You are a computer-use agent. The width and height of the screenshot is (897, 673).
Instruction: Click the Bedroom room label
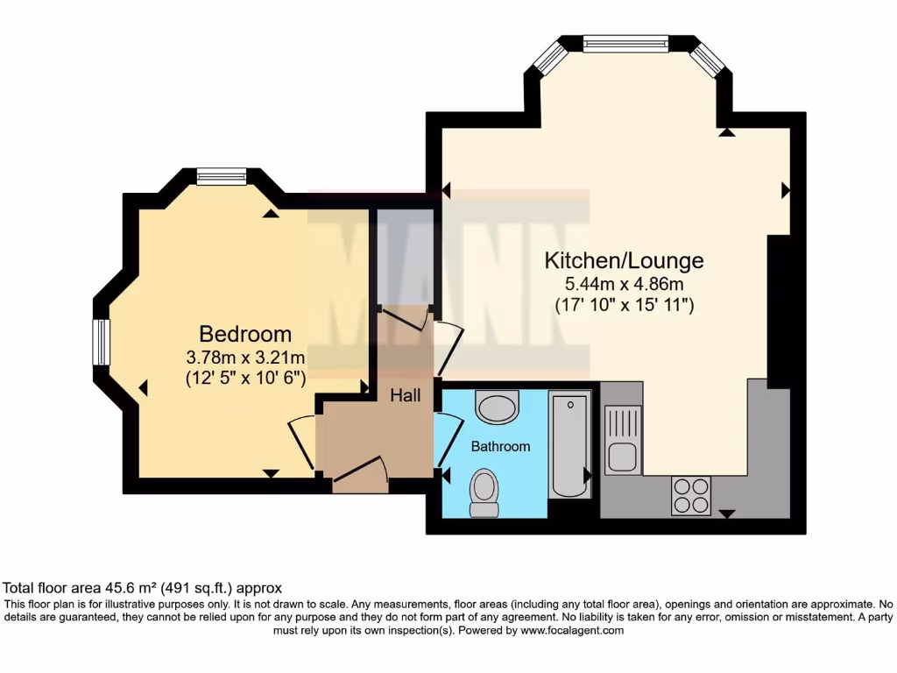click(x=245, y=334)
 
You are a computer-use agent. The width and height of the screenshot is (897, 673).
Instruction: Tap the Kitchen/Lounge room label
click(x=625, y=260)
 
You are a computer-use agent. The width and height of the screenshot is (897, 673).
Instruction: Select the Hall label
click(x=405, y=395)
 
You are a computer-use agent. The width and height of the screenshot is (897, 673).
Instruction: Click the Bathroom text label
click(x=500, y=446)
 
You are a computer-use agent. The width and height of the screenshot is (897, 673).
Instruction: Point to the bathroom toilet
click(x=484, y=492)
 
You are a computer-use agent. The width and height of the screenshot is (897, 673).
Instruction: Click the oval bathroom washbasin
click(x=497, y=407)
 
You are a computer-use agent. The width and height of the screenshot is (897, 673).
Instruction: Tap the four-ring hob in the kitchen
click(x=690, y=495)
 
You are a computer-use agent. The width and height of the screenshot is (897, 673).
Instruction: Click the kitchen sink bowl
click(x=623, y=457)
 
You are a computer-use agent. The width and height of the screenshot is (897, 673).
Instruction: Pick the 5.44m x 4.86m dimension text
click(x=625, y=284)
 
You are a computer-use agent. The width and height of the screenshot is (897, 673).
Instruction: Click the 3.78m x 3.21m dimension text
click(x=245, y=358)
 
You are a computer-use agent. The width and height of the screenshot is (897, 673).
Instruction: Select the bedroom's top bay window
click(x=222, y=177)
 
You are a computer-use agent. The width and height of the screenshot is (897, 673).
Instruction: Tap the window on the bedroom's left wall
click(x=102, y=342)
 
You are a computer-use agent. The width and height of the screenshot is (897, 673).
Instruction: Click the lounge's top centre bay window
click(x=625, y=44)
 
